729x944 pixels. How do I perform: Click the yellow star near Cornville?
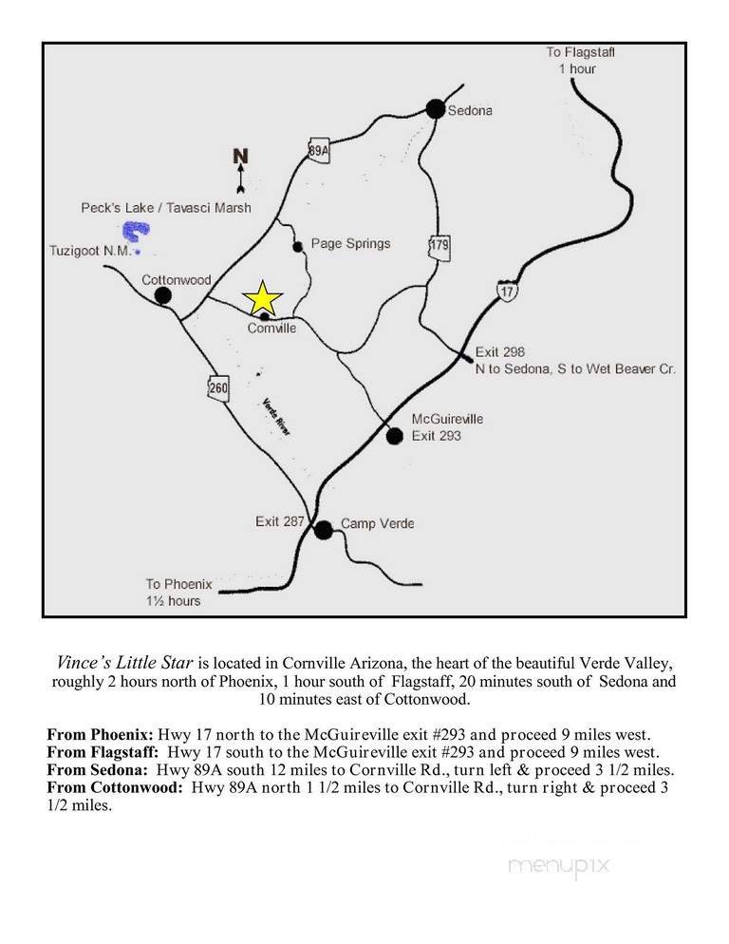tap(263, 298)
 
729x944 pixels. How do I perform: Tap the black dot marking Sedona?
tap(436, 109)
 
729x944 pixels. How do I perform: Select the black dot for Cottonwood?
tap(163, 295)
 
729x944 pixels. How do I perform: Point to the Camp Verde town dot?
tap(324, 530)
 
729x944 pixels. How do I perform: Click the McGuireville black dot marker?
tap(395, 436)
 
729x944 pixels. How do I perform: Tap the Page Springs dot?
tap(298, 247)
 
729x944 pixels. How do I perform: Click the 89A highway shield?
tap(319, 150)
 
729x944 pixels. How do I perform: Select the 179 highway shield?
tap(439, 247)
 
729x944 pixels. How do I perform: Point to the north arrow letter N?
tap(240, 157)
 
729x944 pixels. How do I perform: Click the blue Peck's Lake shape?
tap(136, 231)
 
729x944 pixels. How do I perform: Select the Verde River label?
tap(276, 416)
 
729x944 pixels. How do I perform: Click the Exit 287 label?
tap(280, 521)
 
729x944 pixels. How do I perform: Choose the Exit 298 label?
tap(500, 351)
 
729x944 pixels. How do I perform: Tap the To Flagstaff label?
tap(580, 52)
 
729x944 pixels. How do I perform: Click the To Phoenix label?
tap(178, 584)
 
